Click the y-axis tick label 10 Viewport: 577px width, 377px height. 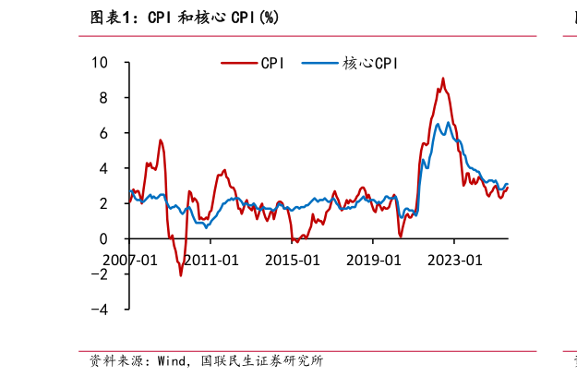coord(99,63)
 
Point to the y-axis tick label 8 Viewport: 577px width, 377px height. coord(103,98)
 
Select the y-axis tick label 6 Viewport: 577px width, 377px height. coord(103,133)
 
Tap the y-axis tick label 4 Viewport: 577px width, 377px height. coord(103,168)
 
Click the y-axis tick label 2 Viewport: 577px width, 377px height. coord(103,203)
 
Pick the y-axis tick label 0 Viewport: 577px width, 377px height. coord(103,238)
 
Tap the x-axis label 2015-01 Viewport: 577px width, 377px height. coord(292,260)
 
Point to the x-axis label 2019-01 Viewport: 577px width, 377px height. coord(373,260)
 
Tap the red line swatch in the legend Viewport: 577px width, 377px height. coord(239,64)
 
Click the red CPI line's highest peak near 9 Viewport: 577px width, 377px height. coord(442,79)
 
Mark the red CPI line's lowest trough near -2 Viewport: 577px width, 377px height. coord(181,274)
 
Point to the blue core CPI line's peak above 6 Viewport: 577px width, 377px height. coord(449,122)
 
